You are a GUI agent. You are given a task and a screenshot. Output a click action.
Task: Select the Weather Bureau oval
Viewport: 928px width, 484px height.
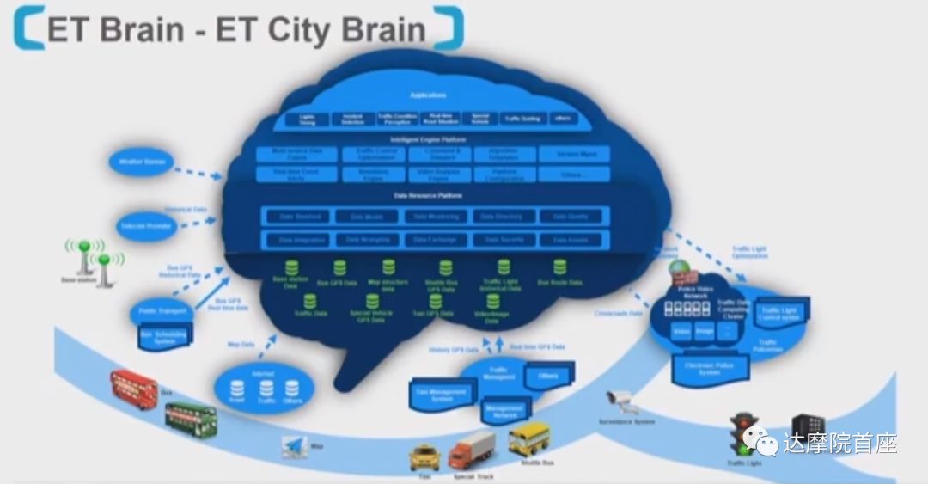(x=141, y=161)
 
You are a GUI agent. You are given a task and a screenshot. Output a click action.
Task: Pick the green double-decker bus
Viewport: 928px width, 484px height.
(x=191, y=419)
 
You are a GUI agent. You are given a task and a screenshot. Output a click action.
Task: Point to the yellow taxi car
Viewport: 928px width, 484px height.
(x=424, y=455)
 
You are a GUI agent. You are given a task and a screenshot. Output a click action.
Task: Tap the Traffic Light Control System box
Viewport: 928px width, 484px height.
(x=779, y=316)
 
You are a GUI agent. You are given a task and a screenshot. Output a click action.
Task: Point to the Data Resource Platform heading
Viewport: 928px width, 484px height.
(x=428, y=196)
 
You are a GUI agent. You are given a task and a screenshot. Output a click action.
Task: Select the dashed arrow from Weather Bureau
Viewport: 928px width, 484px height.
(x=198, y=173)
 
